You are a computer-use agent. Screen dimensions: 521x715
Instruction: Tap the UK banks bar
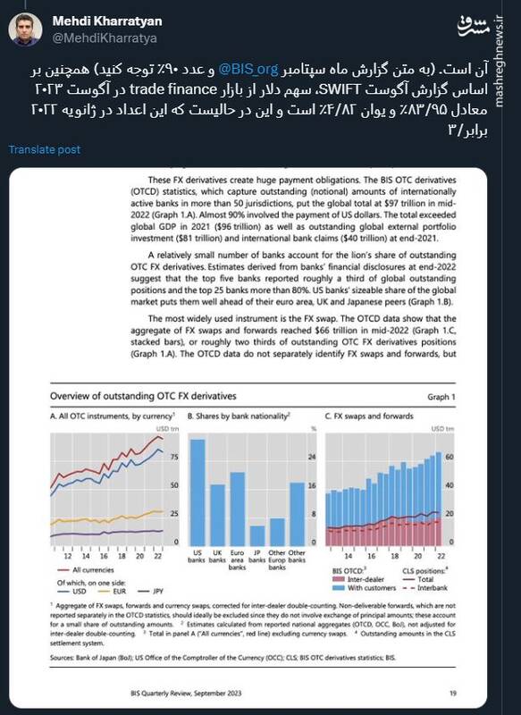point(217,515)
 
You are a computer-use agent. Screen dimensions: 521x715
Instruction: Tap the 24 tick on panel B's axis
point(312,454)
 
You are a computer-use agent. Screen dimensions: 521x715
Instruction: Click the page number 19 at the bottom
point(453,693)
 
